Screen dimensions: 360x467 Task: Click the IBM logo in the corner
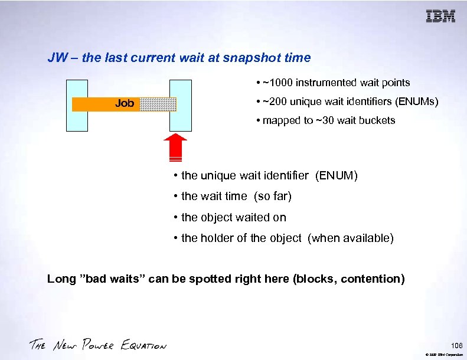[440, 16]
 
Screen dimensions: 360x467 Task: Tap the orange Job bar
[106, 104]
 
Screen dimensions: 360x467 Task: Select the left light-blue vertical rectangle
[77, 104]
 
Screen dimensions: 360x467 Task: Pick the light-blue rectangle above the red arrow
[181, 104]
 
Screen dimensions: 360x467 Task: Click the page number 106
[455, 345]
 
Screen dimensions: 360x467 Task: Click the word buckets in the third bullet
[375, 120]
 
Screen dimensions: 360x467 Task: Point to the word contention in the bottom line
[372, 279]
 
